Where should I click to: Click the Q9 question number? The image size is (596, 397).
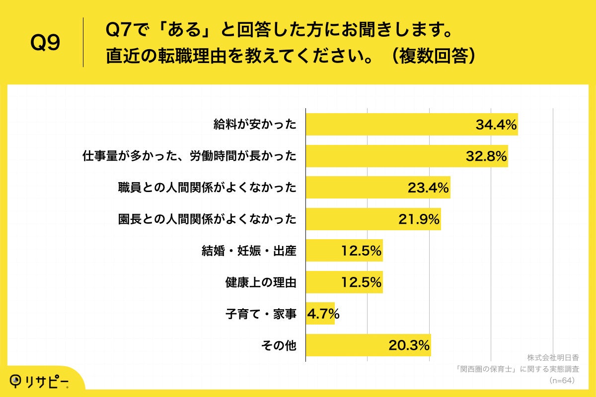click(x=45, y=43)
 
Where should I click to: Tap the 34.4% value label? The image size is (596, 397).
click(x=496, y=125)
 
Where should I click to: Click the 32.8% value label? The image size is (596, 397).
click(x=486, y=156)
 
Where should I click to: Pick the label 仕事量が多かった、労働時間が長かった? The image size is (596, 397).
click(x=189, y=156)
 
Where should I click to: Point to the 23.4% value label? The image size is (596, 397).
click(x=428, y=188)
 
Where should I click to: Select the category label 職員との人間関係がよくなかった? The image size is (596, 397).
click(x=207, y=188)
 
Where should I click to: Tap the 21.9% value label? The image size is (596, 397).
click(x=419, y=219)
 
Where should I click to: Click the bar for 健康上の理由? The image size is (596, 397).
click(x=323, y=282)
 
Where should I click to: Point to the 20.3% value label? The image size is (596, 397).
click(x=409, y=345)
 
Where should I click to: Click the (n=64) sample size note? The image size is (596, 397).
click(x=562, y=381)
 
